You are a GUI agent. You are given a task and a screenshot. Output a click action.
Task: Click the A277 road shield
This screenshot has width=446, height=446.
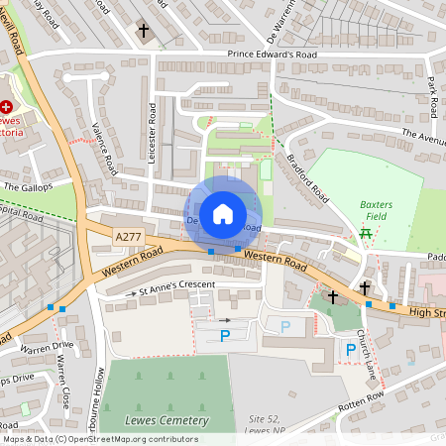click(x=128, y=238)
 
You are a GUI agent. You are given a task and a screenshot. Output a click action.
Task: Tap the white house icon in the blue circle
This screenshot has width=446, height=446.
click(x=223, y=213)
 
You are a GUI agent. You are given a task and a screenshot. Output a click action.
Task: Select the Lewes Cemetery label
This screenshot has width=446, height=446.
click(x=167, y=421)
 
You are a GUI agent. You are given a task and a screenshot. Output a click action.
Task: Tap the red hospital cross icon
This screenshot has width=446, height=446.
click(x=8, y=105)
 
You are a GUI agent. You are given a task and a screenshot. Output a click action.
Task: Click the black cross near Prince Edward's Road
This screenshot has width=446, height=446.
click(x=144, y=32)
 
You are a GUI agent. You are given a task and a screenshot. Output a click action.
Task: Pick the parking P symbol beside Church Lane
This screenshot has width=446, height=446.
click(x=350, y=349)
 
